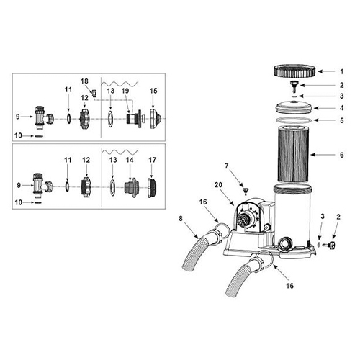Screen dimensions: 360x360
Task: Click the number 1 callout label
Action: pyautogui.click(x=342, y=71)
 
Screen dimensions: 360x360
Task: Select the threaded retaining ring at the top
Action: pyautogui.click(x=294, y=71)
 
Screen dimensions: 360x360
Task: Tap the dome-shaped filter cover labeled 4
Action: pyautogui.click(x=294, y=107)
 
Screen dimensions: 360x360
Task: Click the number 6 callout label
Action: pyautogui.click(x=342, y=155)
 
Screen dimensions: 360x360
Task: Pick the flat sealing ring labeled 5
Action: pyautogui.click(x=294, y=120)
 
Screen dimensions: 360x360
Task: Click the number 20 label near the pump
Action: pyautogui.click(x=218, y=185)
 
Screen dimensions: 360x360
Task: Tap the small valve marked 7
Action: pyautogui.click(x=245, y=191)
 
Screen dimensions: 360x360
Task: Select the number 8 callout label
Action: pyautogui.click(x=181, y=219)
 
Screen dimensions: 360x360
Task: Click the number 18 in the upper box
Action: pyautogui.click(x=84, y=81)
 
